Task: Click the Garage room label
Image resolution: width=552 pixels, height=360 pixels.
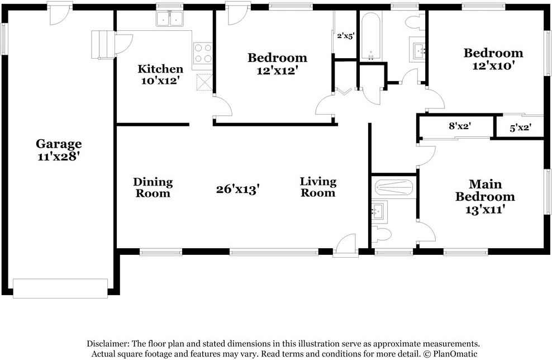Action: click(x=59, y=150)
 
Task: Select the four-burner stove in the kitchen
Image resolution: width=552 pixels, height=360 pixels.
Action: click(x=203, y=53)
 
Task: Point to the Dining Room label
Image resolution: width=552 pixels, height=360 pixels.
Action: click(x=153, y=187)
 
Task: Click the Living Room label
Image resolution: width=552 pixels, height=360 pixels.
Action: click(x=318, y=187)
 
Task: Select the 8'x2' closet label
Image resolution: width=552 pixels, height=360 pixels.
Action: click(x=460, y=126)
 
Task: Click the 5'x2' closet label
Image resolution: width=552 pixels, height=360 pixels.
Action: click(x=520, y=127)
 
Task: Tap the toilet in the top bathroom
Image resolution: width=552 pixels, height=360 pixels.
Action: click(x=415, y=23)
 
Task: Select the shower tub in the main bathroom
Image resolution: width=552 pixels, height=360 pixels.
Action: click(x=393, y=187)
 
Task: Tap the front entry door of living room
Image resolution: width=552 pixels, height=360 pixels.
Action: click(x=345, y=247)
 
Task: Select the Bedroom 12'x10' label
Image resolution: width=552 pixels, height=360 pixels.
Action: click(x=493, y=59)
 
